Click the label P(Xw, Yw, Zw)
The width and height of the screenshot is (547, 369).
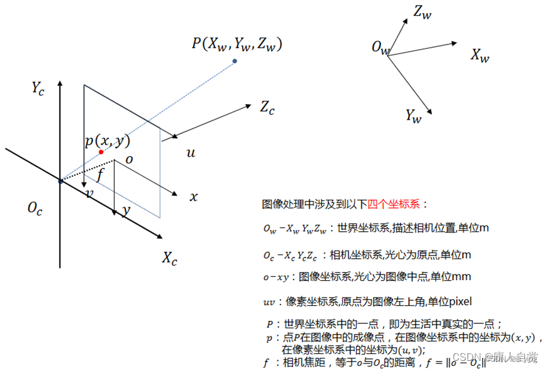[x=237, y=44]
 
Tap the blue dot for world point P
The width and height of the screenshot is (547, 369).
[x=235, y=61]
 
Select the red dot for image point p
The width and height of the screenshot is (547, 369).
[x=101, y=152]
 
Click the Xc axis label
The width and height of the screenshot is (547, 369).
[x=170, y=257]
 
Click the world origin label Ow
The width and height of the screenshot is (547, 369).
[x=380, y=48]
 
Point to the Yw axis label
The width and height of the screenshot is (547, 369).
[x=413, y=116]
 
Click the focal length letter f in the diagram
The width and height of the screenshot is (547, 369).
[x=100, y=175]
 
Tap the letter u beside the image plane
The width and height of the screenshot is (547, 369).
[x=190, y=153]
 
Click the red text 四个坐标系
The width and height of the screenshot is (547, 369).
[x=395, y=204]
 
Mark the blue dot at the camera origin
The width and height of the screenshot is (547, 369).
[x=60, y=181]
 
